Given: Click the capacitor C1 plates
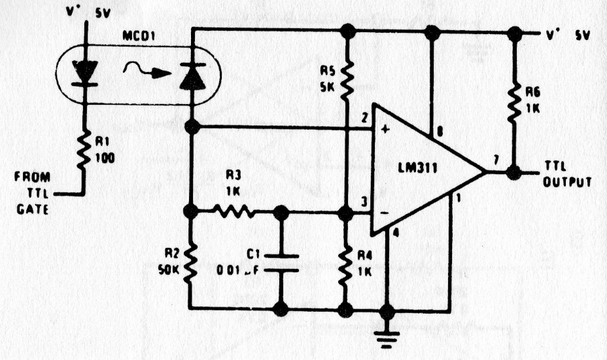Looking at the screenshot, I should (x=281, y=261).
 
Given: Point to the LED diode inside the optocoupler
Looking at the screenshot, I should (x=84, y=73).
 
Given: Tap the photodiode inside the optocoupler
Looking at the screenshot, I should (x=192, y=76).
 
